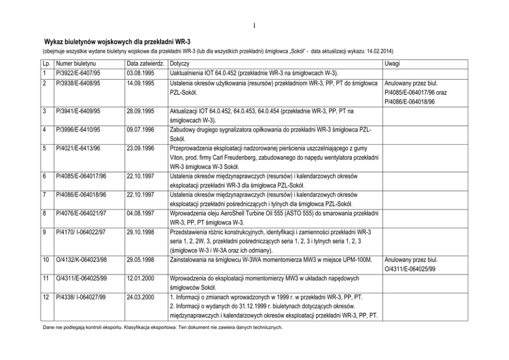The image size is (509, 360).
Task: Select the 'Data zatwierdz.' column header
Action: (145, 64)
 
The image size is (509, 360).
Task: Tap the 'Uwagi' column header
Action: (393, 64)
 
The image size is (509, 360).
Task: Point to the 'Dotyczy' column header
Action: (179, 64)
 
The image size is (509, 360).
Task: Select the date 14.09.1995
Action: (141, 83)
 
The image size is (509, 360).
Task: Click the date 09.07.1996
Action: (141, 130)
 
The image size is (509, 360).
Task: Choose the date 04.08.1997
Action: (141, 213)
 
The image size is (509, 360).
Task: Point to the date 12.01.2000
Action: (141, 279)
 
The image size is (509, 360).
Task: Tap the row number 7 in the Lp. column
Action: (46, 194)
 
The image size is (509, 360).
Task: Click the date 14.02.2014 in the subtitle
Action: (379, 51)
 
